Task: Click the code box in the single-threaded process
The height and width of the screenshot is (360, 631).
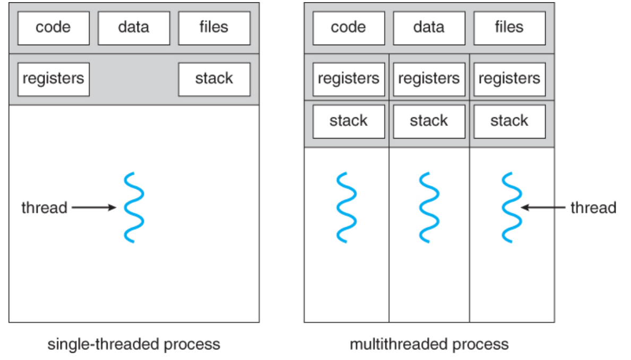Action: point(53,28)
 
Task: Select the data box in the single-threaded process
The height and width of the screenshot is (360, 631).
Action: point(134,28)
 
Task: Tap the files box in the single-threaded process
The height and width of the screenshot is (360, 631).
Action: point(214,28)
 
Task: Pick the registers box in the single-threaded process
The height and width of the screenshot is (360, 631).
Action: point(53,79)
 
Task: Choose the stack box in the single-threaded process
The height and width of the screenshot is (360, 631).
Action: point(214,79)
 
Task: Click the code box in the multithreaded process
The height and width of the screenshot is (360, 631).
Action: point(348,28)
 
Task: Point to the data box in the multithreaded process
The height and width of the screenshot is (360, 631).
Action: point(429,28)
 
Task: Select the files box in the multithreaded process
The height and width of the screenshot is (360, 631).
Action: point(509,28)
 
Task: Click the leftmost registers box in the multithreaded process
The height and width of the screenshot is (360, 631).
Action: point(348,79)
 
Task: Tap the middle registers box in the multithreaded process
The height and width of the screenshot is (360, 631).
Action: point(429,79)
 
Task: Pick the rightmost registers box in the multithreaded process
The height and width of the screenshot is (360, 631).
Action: point(509,79)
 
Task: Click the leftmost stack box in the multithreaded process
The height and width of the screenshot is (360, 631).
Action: point(348,121)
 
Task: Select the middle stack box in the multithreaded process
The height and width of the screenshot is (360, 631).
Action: point(429,121)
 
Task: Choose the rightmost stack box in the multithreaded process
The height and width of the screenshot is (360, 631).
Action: point(509,121)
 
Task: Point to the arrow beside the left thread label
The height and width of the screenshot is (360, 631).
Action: point(93,208)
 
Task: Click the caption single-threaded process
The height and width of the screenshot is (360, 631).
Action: point(134,344)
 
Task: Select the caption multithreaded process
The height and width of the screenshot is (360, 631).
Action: point(429,344)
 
